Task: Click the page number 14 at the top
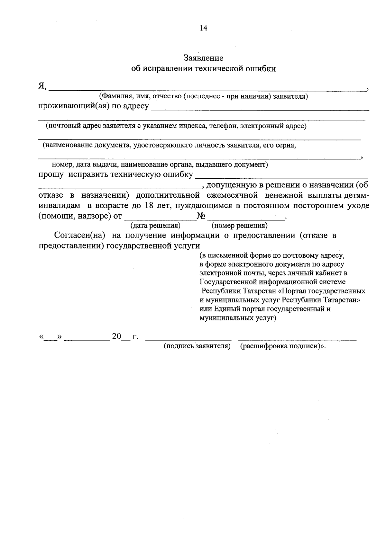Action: click(203, 28)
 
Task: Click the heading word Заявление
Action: click(203, 58)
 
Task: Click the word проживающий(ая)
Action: click(73, 106)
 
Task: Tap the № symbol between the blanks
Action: click(201, 216)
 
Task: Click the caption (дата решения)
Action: click(155, 225)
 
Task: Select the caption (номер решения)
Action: click(239, 225)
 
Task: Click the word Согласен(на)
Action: click(80, 236)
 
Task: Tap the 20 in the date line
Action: click(116, 337)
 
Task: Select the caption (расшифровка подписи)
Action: click(281, 346)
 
